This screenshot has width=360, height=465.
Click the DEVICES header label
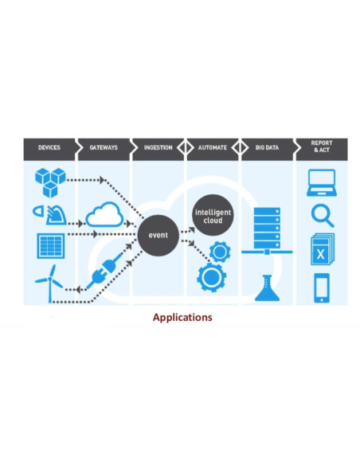[x=49, y=147]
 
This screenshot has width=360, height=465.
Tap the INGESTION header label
[x=158, y=147]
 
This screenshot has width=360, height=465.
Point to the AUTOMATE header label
[x=213, y=147]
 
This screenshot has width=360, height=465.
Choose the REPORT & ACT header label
[x=321, y=147]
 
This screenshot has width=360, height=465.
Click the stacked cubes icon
[x=51, y=182]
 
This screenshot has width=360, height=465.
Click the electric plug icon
[x=105, y=275]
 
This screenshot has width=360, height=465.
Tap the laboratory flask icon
[x=265, y=287]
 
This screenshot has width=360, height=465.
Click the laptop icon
[x=321, y=182]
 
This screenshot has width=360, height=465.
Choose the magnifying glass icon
[x=322, y=216]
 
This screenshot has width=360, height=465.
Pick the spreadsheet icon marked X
[x=321, y=251]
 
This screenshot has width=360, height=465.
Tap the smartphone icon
[x=322, y=287]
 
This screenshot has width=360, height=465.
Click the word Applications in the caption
[x=182, y=318]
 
